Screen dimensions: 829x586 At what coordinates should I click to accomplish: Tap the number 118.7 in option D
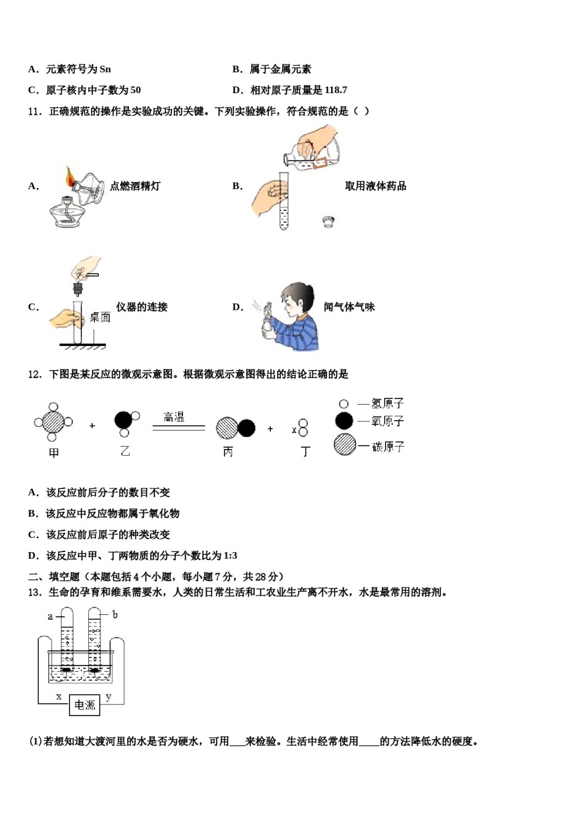point(336,90)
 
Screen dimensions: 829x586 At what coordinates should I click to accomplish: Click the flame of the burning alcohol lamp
point(70,177)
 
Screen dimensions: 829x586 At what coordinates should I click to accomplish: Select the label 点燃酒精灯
point(135,186)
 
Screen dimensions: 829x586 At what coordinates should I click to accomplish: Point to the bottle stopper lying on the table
point(329,221)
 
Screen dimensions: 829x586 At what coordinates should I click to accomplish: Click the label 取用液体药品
point(376,186)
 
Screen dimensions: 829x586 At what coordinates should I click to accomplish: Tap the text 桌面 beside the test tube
point(100,317)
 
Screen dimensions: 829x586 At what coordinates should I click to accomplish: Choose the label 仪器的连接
point(142,307)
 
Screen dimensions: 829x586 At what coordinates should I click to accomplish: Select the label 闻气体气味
point(349,307)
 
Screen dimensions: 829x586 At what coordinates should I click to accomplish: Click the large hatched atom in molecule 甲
point(54,423)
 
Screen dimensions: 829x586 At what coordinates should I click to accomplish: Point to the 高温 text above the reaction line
point(174,418)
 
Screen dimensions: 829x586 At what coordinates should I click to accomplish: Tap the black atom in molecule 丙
point(246,428)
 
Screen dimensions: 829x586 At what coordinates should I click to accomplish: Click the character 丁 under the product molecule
point(305,452)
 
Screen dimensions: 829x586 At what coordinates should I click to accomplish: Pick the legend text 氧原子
point(387,421)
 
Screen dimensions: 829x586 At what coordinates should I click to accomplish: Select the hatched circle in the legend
point(345,445)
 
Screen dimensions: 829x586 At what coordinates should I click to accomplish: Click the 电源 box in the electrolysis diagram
point(85,705)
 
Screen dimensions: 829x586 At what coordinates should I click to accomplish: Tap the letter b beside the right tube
point(115,614)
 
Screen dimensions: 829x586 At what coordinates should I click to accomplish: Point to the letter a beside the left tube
point(51,616)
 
